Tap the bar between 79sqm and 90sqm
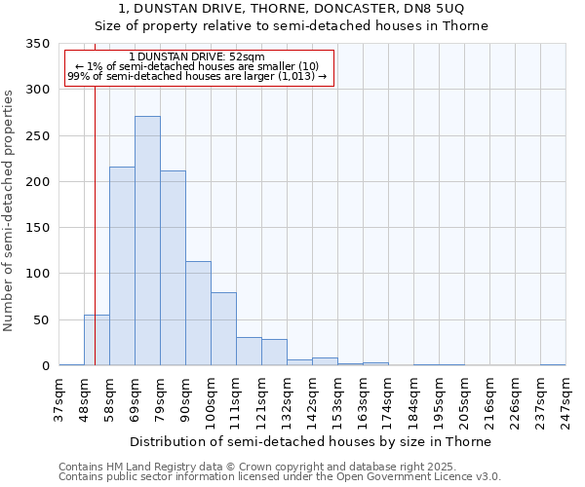point(173,268)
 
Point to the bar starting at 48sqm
point(97,340)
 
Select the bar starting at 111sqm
point(249,352)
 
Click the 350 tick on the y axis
point(37,44)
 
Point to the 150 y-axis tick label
point(37,228)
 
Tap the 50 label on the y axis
point(41,319)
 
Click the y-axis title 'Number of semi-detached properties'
point(10,209)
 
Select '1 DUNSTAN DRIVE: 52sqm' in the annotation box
point(196,56)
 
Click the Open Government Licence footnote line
point(279,477)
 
